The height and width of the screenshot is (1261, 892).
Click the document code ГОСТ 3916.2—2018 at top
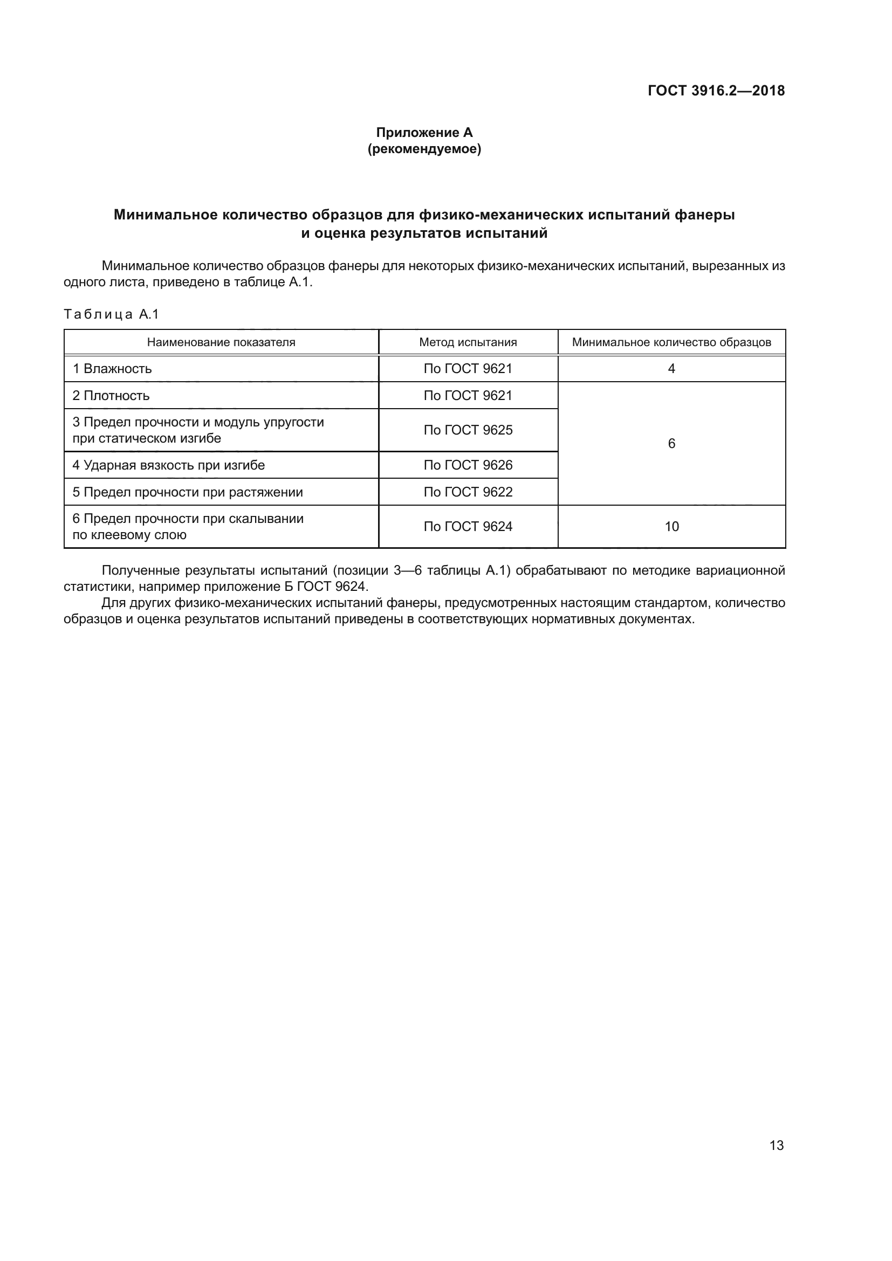[x=716, y=91]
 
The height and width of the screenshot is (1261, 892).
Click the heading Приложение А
[x=424, y=133]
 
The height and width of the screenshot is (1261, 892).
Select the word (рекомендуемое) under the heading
[x=424, y=149]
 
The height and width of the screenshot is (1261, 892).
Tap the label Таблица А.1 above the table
[x=111, y=314]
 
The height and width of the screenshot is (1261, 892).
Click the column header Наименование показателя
[x=221, y=342]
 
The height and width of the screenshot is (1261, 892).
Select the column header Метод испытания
[x=468, y=342]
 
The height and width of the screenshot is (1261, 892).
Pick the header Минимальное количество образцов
[x=671, y=342]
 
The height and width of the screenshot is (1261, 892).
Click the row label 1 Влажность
[x=112, y=369]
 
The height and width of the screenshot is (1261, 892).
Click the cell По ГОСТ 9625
[x=468, y=430]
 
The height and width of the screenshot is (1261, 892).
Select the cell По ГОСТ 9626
[x=468, y=465]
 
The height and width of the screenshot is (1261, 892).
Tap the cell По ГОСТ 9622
[x=468, y=492]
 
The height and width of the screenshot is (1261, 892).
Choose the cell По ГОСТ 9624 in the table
[x=468, y=527]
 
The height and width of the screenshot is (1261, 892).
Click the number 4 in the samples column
[x=671, y=369]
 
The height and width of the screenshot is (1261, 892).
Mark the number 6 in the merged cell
[x=671, y=444]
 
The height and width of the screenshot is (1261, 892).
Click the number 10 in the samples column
[x=671, y=527]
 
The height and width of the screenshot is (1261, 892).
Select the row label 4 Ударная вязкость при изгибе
[x=169, y=465]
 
